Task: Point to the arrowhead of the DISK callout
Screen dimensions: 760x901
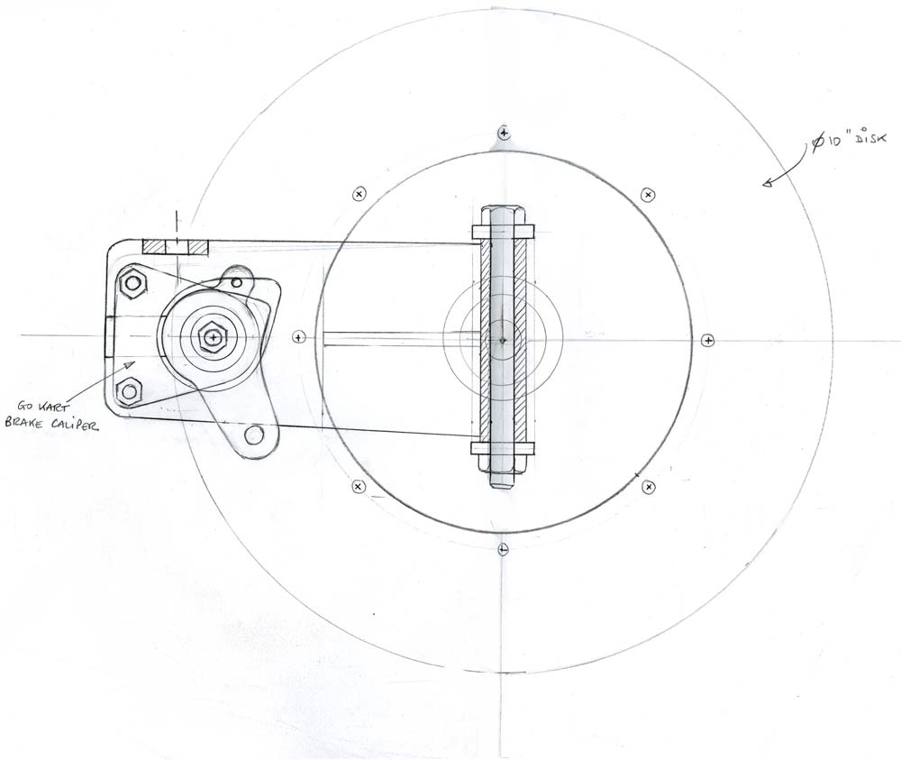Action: tap(767, 185)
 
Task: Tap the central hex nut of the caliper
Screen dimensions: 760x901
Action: tap(211, 337)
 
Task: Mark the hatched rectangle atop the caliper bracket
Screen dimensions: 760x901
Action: tap(176, 246)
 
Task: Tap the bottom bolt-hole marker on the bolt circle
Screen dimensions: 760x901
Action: tap(503, 548)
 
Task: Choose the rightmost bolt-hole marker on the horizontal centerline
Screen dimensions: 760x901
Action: tap(708, 340)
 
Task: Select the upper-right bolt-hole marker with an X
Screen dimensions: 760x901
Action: tap(648, 195)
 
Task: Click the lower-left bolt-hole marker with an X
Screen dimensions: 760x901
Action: tap(359, 487)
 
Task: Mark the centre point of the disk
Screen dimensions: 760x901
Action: tap(503, 340)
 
